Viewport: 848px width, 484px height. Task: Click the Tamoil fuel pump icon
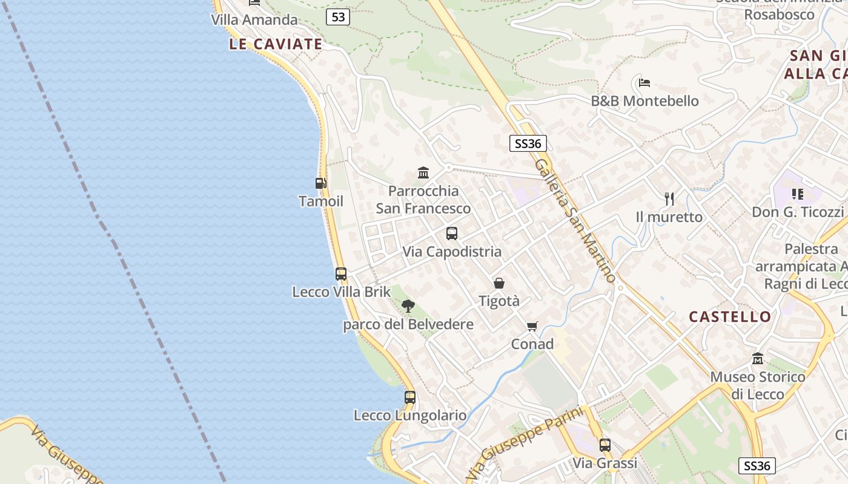coord(320,183)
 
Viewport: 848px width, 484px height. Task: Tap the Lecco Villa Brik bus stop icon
coord(341,273)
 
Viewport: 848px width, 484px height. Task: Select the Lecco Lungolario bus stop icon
coord(410,397)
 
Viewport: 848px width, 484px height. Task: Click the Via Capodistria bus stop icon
coord(452,234)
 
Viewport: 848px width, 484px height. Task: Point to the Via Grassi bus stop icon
coord(605,445)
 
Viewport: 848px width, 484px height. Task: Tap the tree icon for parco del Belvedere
coord(408,306)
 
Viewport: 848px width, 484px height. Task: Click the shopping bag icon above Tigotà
coord(499,283)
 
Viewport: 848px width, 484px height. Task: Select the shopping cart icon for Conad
coord(532,327)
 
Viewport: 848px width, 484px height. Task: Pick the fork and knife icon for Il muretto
coord(669,198)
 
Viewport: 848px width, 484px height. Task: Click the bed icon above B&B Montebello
coord(644,82)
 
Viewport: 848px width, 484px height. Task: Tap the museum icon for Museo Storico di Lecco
coord(758,359)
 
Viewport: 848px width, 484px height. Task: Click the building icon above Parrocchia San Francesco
coord(423,173)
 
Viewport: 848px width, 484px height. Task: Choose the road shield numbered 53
coord(338,17)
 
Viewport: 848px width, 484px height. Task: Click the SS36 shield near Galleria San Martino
coord(528,143)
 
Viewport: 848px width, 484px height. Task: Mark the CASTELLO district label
coord(730,316)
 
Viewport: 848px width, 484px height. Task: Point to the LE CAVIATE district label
coord(276,44)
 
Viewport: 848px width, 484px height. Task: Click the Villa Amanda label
coord(254,20)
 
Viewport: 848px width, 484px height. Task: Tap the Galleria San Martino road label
coord(575,220)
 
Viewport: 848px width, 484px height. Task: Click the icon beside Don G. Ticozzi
coord(797,194)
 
